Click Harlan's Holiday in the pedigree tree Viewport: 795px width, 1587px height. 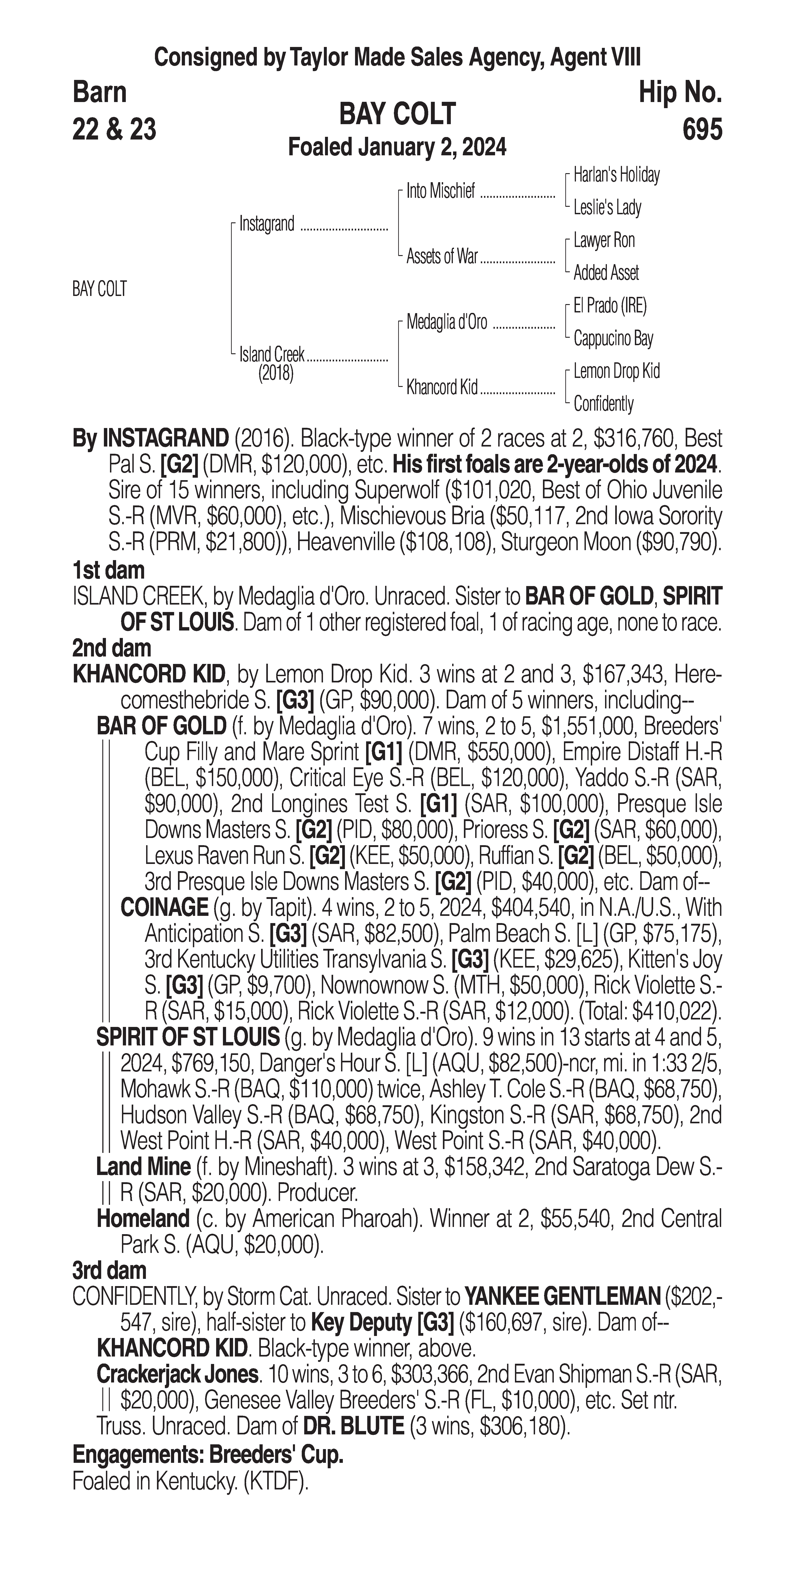[x=616, y=175]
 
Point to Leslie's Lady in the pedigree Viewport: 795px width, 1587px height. [x=607, y=208]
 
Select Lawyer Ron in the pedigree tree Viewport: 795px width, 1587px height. [x=604, y=240]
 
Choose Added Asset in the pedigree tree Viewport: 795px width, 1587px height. [x=606, y=273]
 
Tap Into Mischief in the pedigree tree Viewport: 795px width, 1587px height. [x=441, y=192]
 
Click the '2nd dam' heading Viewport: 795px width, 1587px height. [x=112, y=648]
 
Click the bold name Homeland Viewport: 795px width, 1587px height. [x=143, y=1219]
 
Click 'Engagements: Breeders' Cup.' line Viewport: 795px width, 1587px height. [x=208, y=1455]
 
